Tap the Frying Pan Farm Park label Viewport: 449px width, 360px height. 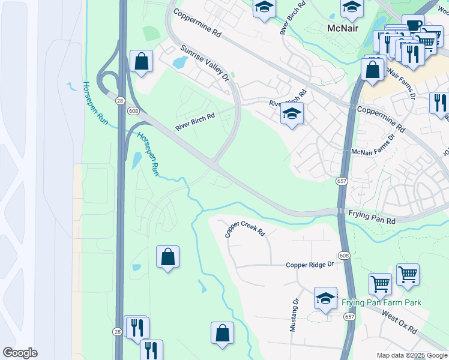(x=381, y=302)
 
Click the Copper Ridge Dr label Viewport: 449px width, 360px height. (x=310, y=265)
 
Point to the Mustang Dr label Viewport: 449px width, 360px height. (x=294, y=316)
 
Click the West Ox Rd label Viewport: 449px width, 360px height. (x=399, y=327)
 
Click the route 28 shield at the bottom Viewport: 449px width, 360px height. (x=117, y=331)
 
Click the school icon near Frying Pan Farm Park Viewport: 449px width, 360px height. (x=325, y=298)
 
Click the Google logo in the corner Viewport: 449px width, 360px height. (x=20, y=352)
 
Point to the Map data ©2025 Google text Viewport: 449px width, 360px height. (x=412, y=355)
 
